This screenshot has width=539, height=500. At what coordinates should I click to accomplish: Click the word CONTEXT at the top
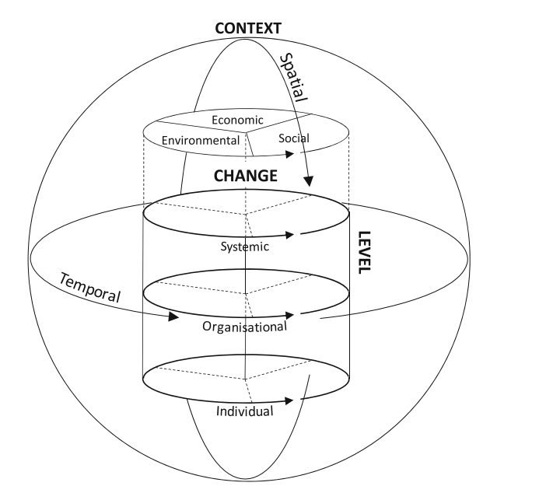[x=247, y=29]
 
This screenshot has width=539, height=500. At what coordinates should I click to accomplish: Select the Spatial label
[x=293, y=77]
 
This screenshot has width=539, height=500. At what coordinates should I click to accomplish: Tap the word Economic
[x=237, y=120]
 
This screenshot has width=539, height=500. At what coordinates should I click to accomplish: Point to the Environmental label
[x=200, y=141]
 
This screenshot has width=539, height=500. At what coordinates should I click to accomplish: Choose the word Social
[x=293, y=138]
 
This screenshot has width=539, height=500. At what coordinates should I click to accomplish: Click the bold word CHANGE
[x=245, y=176]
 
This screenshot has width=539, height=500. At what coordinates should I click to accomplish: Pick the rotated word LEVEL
[x=364, y=251]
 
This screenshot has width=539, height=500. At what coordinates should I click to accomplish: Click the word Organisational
[x=245, y=326]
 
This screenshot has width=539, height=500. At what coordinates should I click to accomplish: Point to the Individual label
[x=245, y=411]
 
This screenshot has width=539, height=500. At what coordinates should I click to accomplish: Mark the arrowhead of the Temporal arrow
[x=172, y=316]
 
